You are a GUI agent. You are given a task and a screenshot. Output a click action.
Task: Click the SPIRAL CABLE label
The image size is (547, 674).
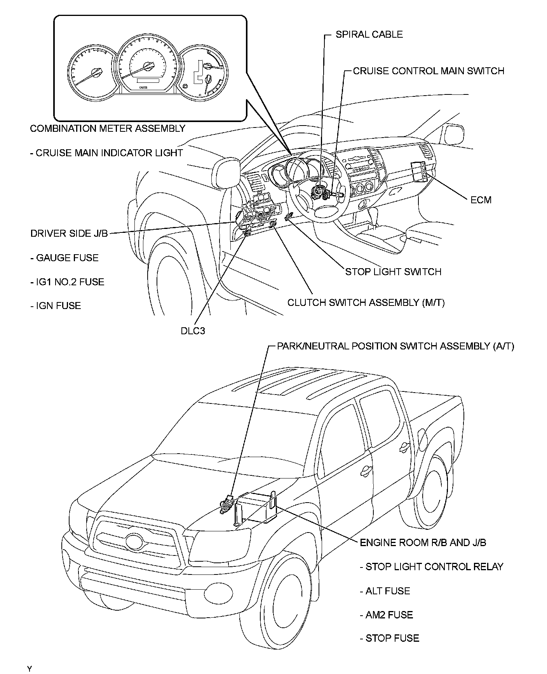[x=369, y=35]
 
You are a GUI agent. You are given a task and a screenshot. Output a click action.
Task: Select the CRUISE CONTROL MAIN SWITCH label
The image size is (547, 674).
[x=429, y=71]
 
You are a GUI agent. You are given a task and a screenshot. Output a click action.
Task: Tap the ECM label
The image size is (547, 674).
[x=481, y=200]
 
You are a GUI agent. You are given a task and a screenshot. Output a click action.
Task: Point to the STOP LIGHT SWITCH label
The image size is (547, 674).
[x=393, y=272]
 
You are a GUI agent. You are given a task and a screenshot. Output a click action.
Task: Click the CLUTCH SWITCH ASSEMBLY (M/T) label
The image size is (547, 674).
[x=366, y=303]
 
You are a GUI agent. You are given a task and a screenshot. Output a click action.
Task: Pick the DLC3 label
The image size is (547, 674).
[x=193, y=331]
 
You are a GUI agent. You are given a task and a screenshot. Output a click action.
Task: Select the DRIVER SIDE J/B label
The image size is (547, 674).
[x=69, y=234]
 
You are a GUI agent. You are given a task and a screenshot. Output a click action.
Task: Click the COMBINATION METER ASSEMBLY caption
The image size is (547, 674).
[x=108, y=129]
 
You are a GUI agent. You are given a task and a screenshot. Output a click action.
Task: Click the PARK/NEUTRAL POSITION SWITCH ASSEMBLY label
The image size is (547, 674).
[x=395, y=346]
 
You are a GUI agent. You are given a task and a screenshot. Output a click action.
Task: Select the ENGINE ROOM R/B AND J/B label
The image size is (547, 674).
[x=423, y=543]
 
